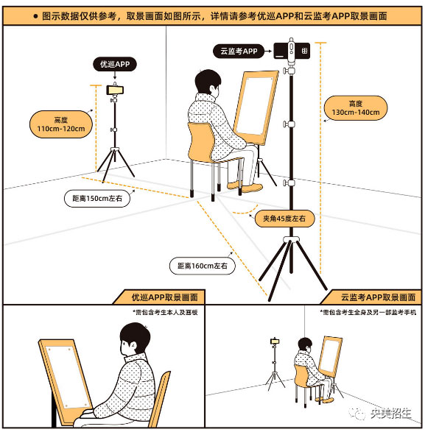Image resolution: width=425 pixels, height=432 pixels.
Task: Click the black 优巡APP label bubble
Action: (115, 64)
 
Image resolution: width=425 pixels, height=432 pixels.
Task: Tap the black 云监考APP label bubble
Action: (239, 51)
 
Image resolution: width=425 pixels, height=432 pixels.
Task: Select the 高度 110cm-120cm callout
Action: (61, 124)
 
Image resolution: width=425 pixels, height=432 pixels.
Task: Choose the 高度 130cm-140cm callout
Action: (356, 108)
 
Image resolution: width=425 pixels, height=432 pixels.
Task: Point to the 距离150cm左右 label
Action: (97, 199)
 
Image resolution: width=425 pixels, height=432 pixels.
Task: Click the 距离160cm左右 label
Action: (203, 266)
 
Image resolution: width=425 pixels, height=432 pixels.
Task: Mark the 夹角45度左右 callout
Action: (284, 219)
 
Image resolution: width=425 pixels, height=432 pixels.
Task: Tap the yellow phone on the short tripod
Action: (115, 90)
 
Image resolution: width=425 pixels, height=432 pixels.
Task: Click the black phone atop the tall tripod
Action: (292, 51)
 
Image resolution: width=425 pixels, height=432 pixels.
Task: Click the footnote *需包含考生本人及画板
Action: (165, 312)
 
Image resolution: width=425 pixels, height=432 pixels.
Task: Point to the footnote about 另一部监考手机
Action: (368, 312)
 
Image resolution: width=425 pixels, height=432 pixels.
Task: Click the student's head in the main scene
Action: (208, 82)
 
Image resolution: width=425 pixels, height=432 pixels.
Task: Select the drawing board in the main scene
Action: (256, 107)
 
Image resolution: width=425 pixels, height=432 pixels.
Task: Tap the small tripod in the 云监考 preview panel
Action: (275, 364)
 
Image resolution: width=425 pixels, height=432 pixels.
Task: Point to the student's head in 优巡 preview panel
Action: (135, 340)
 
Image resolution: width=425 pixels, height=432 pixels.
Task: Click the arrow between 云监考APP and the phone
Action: (268, 51)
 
